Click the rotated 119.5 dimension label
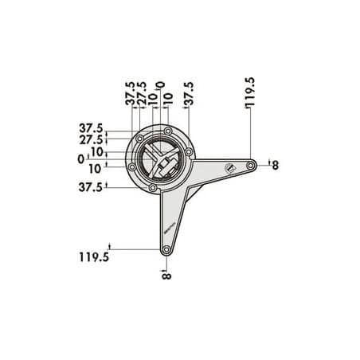249,92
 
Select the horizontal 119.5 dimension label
94,257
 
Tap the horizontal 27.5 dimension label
91,140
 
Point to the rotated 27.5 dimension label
142,93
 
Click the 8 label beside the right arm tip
276,166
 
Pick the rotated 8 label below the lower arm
166,276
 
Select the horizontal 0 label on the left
81,159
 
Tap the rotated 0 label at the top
160,85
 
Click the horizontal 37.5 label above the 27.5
91,128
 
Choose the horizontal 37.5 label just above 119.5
91,187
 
